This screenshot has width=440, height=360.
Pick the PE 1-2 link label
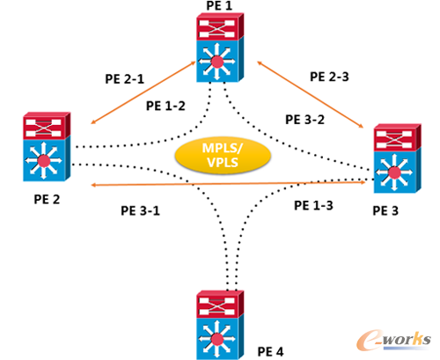165,106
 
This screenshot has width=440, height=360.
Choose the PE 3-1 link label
142,211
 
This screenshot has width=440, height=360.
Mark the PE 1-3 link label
313,205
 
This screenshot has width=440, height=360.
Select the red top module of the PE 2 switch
48,127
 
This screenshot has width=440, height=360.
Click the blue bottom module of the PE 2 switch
48,161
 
